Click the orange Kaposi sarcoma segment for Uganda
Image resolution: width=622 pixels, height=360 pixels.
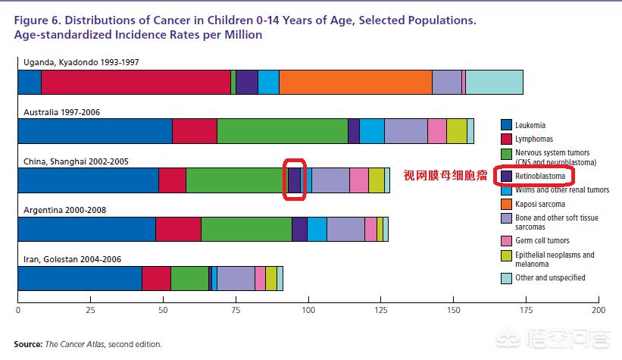pyautogui.click(x=355, y=82)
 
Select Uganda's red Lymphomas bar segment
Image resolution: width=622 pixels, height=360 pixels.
pyautogui.click(x=136, y=82)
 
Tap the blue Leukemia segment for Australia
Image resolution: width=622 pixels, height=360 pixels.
pyautogui.click(x=95, y=131)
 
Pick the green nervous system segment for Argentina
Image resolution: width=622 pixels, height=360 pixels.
pyautogui.click(x=246, y=229)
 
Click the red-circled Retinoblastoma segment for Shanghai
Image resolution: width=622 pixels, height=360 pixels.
pyautogui.click(x=294, y=180)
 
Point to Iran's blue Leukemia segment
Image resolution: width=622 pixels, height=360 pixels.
pyautogui.click(x=80, y=278)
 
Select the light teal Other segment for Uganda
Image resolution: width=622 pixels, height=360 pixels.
pyautogui.click(x=494, y=82)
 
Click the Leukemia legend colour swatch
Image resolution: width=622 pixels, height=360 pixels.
pyautogui.click(x=506, y=125)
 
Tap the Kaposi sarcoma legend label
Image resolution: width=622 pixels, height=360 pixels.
pyautogui.click(x=540, y=204)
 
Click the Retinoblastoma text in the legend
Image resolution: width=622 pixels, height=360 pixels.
pyautogui.click(x=541, y=176)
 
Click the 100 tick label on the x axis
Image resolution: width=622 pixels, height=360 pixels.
pyautogui.click(x=308, y=310)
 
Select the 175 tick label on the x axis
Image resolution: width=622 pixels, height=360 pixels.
pyautogui.click(x=527, y=310)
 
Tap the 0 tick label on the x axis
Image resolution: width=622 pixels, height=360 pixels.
pyautogui.click(x=17, y=310)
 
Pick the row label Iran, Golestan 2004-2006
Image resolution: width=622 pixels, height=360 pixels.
pyautogui.click(x=71, y=258)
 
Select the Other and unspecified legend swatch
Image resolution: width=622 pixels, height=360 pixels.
pyautogui.click(x=506, y=278)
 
